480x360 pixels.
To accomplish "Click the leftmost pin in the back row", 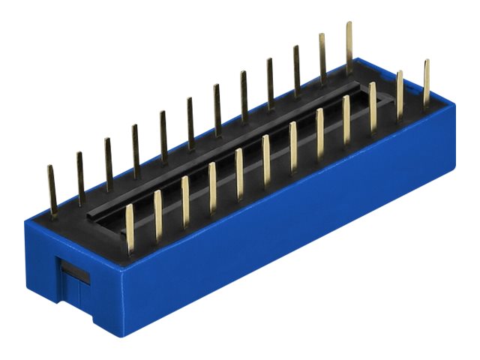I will [52, 187].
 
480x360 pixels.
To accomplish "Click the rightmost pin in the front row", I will [426, 82].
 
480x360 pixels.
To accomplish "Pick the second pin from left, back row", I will [80, 176].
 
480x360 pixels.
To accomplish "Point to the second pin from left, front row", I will [158, 213].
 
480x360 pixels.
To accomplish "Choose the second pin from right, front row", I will [400, 94].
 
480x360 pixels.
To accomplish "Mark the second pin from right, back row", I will [322, 57].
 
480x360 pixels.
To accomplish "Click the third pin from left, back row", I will [108, 163].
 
